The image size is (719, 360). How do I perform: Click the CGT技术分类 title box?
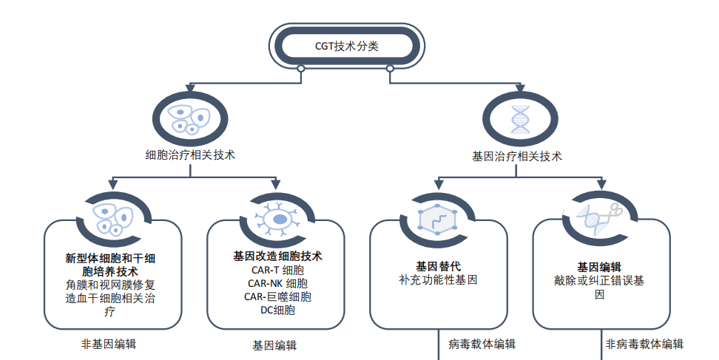tap(345, 46)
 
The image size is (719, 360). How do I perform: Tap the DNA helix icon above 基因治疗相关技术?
tap(519, 118)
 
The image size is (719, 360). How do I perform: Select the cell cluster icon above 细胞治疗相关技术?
tap(190, 118)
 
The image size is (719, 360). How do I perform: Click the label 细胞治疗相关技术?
tap(190, 155)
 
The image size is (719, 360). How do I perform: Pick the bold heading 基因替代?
tap(438, 266)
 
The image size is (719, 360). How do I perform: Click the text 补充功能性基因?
tap(438, 280)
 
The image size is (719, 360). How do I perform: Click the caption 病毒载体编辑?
tap(482, 344)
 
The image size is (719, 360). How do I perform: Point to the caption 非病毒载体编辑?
tap(644, 344)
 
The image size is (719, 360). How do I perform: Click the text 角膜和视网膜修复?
tap(110, 285)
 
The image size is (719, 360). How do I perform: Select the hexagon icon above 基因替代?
tap(438, 219)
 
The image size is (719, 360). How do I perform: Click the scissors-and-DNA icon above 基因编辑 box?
tap(601, 219)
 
